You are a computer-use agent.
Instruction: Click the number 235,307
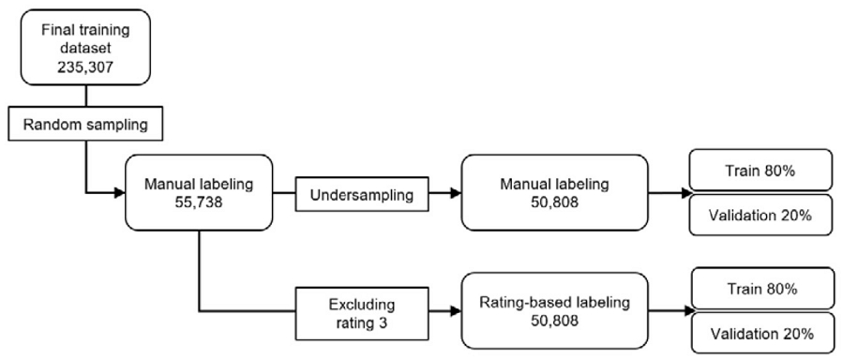(86, 67)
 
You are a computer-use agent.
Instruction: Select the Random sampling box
(86, 123)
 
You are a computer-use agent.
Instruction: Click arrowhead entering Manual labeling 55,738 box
(119, 193)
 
